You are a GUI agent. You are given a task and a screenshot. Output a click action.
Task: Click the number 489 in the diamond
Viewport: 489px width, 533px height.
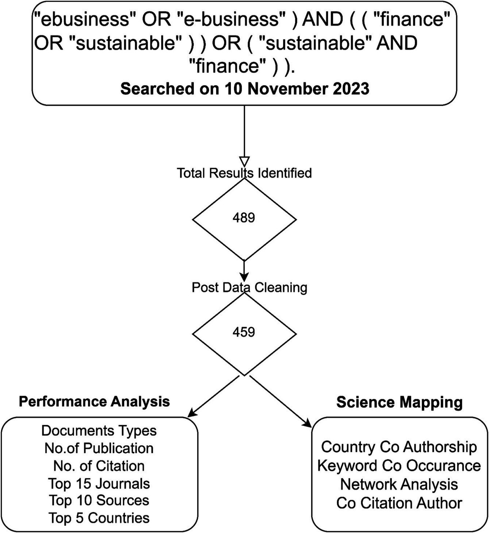244,218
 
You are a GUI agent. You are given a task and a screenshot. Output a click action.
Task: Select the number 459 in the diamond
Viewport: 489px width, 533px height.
244,332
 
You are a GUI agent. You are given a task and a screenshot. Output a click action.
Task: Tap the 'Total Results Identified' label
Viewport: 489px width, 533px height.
244,173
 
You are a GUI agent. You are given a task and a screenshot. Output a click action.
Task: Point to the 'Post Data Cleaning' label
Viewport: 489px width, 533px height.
249,287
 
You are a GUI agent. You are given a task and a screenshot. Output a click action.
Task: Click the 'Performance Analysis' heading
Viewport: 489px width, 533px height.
94,402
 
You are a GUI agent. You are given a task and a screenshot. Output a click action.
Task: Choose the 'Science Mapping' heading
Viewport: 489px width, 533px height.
399,402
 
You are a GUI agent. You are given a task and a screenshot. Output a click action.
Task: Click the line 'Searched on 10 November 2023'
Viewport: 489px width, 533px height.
245,89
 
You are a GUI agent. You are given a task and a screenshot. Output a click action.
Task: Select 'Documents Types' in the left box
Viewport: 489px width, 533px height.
99,431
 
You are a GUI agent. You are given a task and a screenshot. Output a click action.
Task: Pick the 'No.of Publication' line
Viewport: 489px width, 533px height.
99,448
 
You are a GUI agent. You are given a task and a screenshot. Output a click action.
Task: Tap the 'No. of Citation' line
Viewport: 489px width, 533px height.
99,466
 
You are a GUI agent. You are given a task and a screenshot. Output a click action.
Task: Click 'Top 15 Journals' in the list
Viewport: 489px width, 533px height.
99,484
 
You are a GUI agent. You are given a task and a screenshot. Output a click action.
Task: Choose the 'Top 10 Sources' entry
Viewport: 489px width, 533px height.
99,501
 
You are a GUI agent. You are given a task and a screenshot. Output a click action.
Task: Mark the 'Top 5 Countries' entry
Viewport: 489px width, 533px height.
99,518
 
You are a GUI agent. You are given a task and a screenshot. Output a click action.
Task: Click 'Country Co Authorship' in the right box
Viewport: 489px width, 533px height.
399,447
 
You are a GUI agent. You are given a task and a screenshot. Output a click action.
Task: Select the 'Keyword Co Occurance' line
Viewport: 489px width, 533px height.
399,466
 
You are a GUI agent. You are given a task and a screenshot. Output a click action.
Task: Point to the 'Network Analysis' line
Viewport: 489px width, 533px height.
399,484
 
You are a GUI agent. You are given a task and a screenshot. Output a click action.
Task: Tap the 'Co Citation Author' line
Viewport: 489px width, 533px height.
399,503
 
